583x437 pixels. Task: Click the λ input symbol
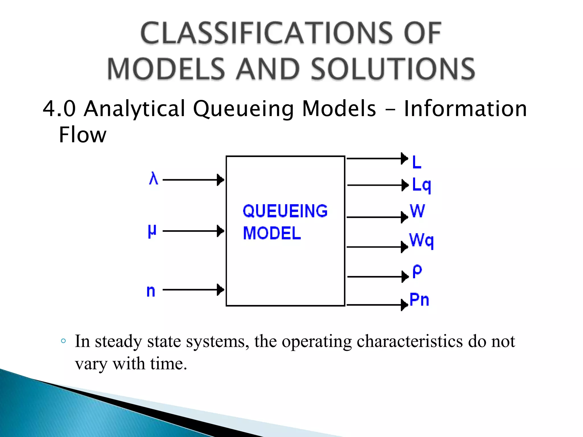coord(153,178)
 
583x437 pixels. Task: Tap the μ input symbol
coord(152,231)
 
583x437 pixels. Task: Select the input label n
coord(151,291)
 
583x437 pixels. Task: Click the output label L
coord(417,162)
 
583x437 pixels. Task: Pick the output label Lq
coord(422,185)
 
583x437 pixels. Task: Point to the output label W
coord(417,211)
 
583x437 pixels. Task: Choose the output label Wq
coord(421,240)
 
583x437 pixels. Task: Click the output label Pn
coord(419,300)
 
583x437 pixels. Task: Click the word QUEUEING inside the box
coord(285,211)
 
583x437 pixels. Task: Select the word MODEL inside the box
coord(272,233)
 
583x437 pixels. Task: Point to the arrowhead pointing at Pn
coord(405,305)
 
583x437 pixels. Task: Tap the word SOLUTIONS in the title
coord(393,69)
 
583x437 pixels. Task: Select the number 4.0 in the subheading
coord(59,109)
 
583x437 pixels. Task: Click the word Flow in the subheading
coord(83,135)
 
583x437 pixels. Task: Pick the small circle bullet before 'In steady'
coord(63,341)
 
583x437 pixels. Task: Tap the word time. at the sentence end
coord(168,364)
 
